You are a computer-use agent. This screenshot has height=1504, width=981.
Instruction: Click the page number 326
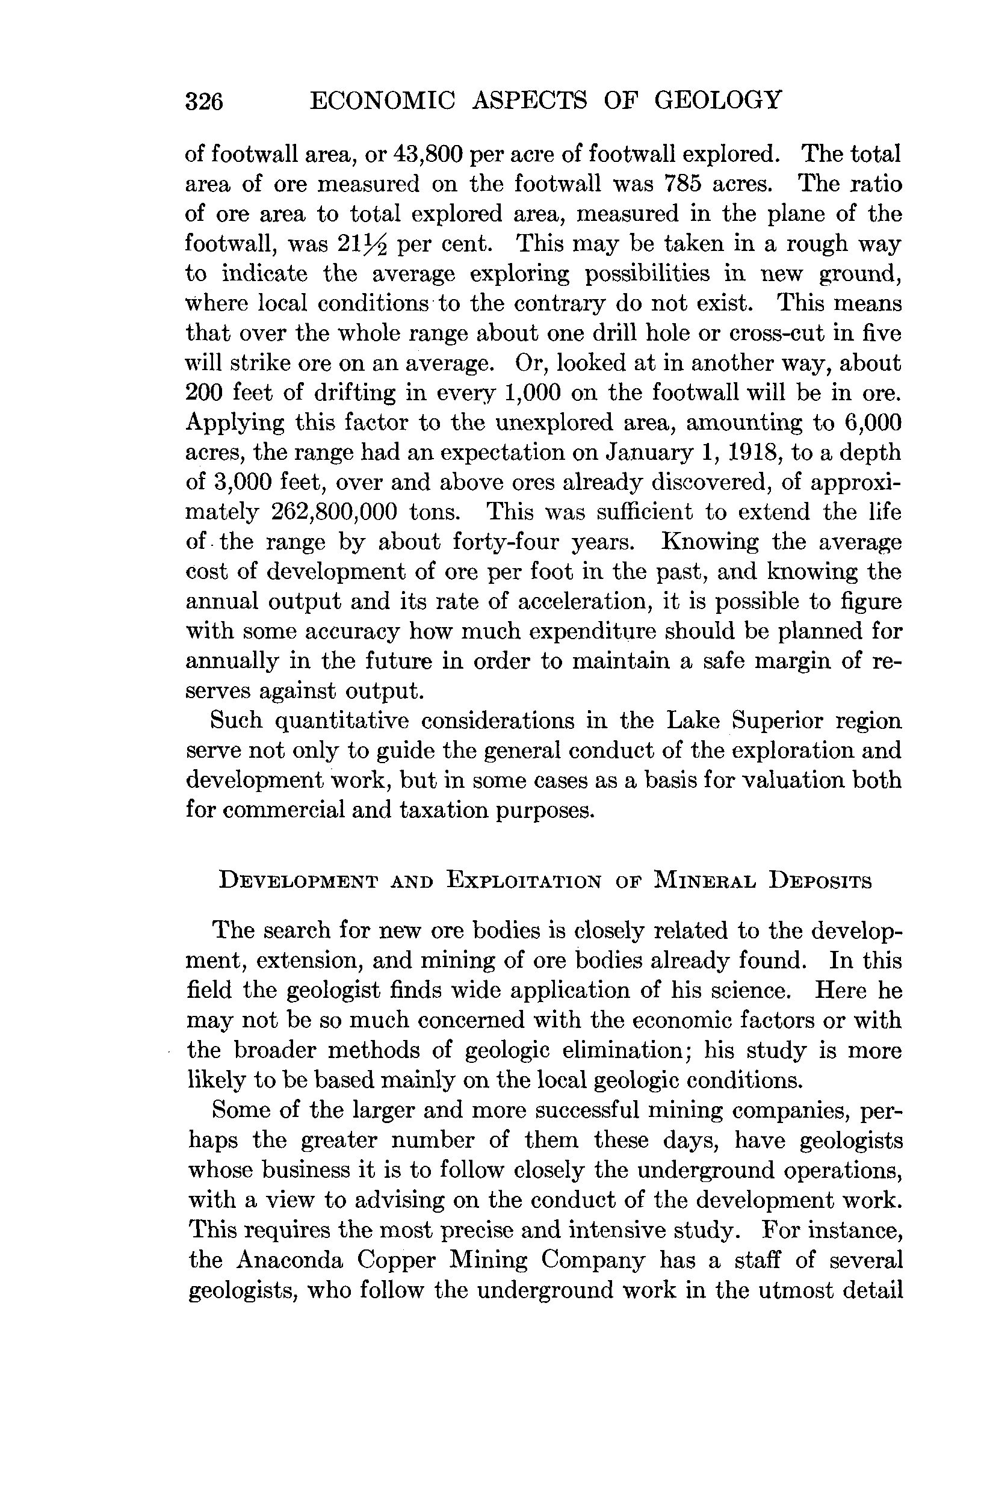204,101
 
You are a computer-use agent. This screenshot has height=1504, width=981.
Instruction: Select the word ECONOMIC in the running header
382,100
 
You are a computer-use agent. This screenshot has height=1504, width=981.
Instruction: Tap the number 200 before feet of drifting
203,392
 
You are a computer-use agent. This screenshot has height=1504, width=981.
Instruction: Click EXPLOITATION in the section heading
524,880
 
